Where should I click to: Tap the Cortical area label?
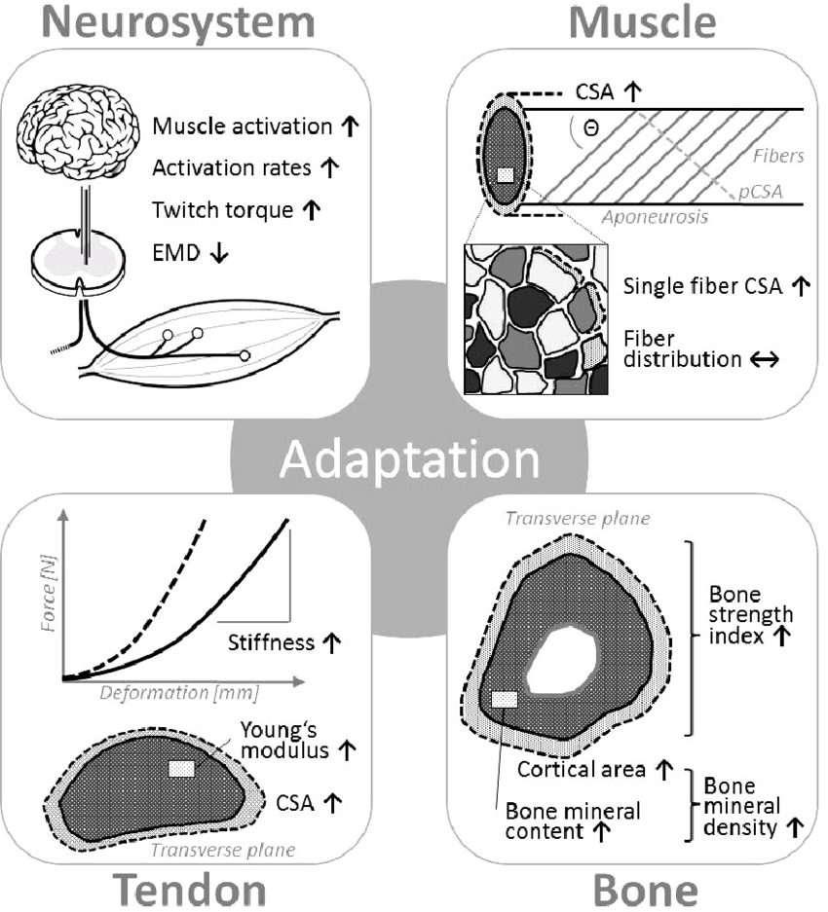click(x=582, y=769)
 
